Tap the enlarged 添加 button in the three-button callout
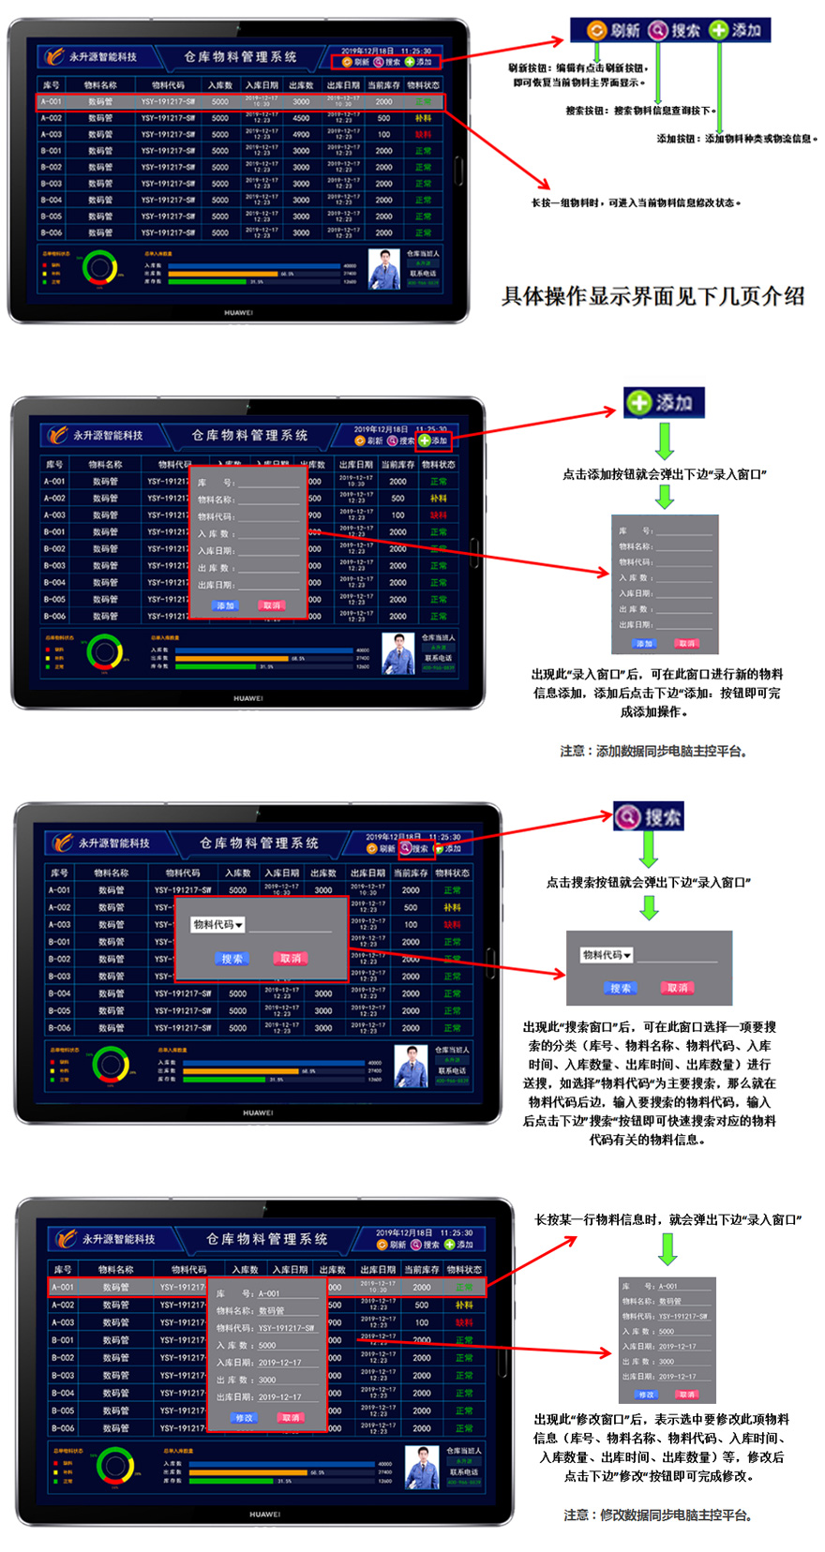click(x=736, y=30)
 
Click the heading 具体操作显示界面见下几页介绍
click(x=652, y=296)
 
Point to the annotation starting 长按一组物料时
click(x=636, y=202)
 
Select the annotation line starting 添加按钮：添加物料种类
click(x=737, y=139)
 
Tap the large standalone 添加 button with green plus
click(x=664, y=403)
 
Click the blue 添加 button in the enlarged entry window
click(x=644, y=644)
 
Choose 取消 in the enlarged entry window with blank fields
click(x=687, y=644)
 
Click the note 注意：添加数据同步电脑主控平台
click(x=653, y=751)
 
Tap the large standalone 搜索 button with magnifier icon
click(x=649, y=816)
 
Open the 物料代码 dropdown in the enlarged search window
click(x=607, y=955)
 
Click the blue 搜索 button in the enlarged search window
click(x=621, y=988)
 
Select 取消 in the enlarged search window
click(x=677, y=988)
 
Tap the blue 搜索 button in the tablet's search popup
click(x=232, y=959)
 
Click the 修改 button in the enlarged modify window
click(x=647, y=1395)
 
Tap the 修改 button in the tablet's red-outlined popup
click(x=245, y=1418)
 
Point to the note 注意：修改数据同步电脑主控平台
click(x=658, y=1515)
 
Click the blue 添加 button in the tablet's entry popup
click(x=225, y=605)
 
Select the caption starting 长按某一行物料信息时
click(x=667, y=1219)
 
